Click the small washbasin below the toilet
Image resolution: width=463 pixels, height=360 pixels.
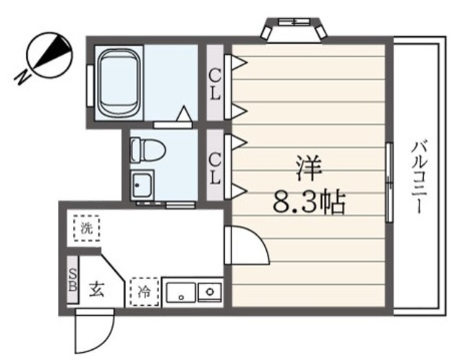pyautogui.click(x=142, y=186)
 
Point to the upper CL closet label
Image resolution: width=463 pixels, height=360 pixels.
pyautogui.click(x=216, y=76)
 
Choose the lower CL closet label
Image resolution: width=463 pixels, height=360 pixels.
pyautogui.click(x=216, y=166)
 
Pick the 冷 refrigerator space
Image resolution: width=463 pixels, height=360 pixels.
pyautogui.click(x=144, y=292)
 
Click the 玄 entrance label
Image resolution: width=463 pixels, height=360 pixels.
pyautogui.click(x=97, y=291)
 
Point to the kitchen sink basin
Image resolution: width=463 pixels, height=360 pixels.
pyautogui.click(x=179, y=293)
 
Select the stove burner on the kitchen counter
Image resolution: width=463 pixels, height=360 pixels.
pyautogui.click(x=211, y=293)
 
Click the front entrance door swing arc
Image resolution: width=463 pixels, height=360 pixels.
pyautogui.click(x=90, y=333)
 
